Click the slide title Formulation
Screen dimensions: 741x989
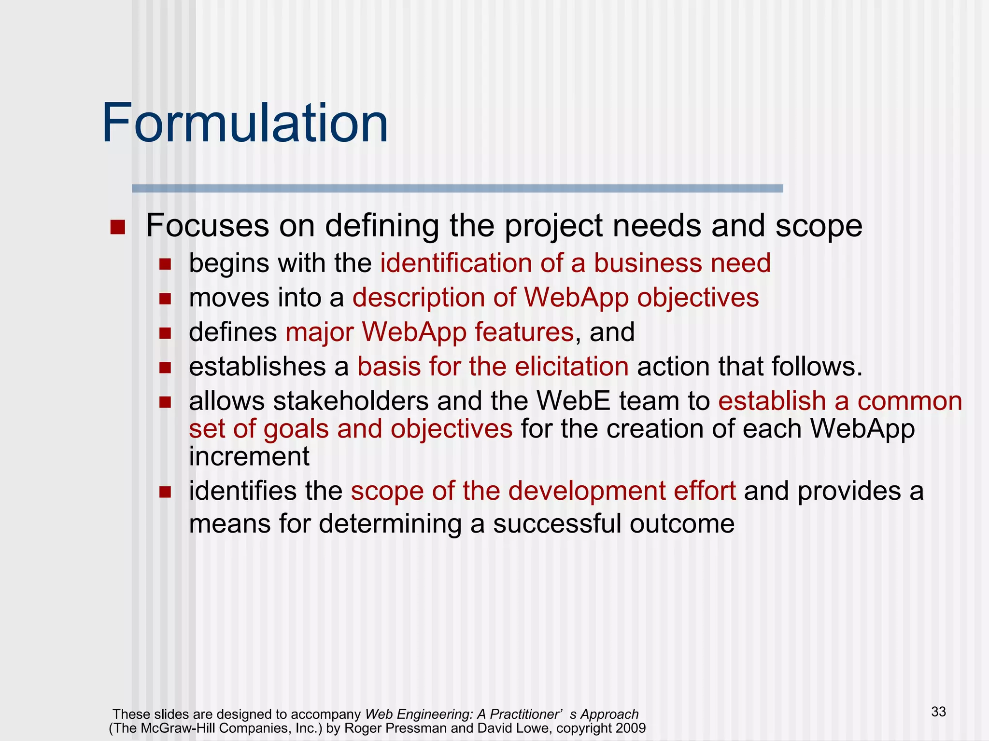pos(245,123)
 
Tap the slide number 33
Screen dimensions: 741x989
pos(938,712)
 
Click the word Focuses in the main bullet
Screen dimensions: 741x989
pos(207,225)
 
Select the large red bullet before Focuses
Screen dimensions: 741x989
pos(117,227)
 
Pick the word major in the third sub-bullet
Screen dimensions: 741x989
pos(319,332)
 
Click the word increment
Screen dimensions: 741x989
pos(249,456)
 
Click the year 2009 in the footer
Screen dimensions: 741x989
pos(631,728)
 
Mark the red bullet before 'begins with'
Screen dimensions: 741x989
pos(165,264)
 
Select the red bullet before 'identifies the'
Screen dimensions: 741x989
pos(165,492)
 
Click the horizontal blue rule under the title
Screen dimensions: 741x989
pos(457,189)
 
